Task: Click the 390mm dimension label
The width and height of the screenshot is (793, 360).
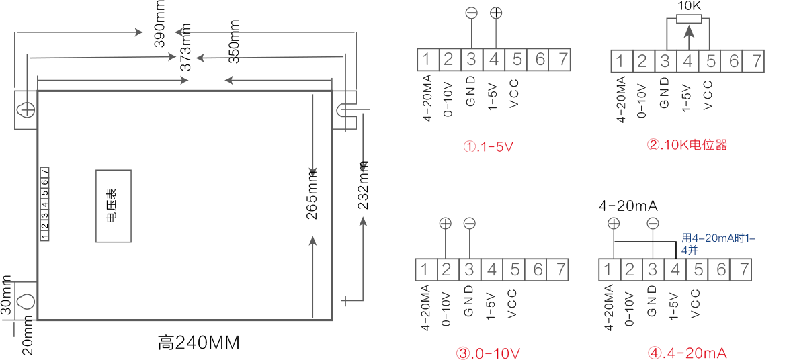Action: pos(161,24)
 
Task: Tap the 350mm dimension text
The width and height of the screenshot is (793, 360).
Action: pos(234,42)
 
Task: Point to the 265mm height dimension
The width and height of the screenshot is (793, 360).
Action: pos(312,194)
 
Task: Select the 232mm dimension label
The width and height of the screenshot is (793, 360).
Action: pos(362,185)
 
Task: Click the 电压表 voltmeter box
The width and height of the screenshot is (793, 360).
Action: pos(114,206)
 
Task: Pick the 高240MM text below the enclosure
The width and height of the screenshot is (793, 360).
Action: pos(198,343)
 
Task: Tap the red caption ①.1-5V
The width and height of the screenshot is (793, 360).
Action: pos(488,147)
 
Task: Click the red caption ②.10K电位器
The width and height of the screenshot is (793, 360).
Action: pos(687,146)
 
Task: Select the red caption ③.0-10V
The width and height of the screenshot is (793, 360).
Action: pos(488,352)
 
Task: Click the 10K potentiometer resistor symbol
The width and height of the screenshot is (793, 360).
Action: pos(688,19)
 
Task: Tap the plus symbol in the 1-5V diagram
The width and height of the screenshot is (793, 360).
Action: pos(496,13)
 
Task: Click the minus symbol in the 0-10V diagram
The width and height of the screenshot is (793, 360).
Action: pos(469,223)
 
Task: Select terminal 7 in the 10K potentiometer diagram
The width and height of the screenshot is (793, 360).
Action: pos(756,61)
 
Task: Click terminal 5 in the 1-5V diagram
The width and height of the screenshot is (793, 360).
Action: pos(516,60)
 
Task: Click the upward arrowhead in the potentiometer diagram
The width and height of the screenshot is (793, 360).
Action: pos(688,31)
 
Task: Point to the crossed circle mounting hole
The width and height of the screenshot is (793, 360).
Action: pos(26,109)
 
